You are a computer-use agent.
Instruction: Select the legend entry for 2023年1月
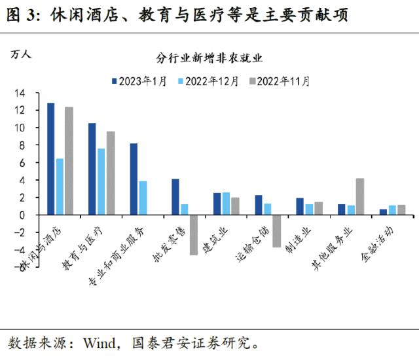pyautogui.click(x=139, y=81)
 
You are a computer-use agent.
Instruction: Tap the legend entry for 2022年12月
pyautogui.click(x=210, y=81)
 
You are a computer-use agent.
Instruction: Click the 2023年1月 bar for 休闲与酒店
pyautogui.click(x=51, y=159)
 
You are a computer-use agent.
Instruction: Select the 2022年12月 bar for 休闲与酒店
pyautogui.click(x=60, y=187)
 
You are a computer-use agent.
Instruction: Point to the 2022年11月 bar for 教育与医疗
pyautogui.click(x=111, y=173)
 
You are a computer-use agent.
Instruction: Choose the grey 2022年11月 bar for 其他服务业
pyautogui.click(x=360, y=196)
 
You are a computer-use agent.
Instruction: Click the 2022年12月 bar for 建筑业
pyautogui.click(x=227, y=204)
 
